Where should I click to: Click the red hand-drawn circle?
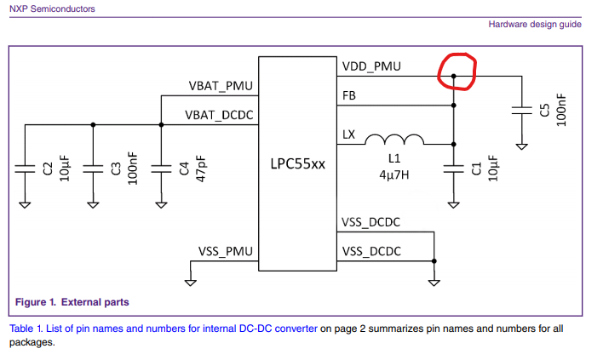click(456, 71)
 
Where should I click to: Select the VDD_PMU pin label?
click(371, 66)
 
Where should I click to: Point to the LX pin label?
click(349, 134)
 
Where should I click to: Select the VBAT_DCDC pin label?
click(219, 114)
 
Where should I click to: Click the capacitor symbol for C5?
click(522, 110)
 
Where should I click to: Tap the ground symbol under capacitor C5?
click(522, 146)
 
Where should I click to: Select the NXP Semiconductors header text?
click(53, 9)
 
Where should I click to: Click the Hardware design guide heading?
click(535, 24)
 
